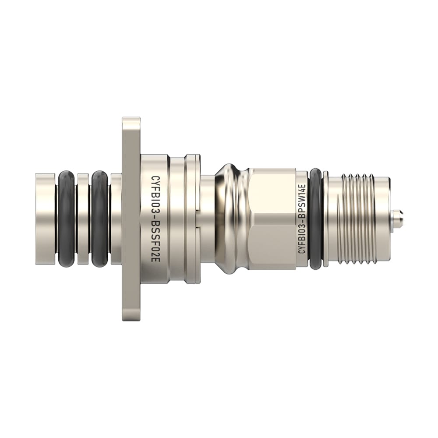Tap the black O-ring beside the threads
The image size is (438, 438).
click(x=315, y=219)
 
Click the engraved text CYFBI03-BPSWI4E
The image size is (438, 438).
click(x=301, y=219)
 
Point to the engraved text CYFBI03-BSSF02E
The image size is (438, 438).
click(x=154, y=219)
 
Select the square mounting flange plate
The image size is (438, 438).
click(x=131, y=219)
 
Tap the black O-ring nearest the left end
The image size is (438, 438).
click(x=66, y=219)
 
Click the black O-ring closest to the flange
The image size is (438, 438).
click(x=99, y=219)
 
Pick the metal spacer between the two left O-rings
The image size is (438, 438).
click(x=83, y=219)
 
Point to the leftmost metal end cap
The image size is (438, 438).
click(x=45, y=219)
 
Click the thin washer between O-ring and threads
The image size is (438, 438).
click(x=325, y=219)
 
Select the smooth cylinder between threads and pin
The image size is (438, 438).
click(x=383, y=219)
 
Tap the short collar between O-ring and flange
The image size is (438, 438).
click(x=116, y=219)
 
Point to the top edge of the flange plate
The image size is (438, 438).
click(x=131, y=119)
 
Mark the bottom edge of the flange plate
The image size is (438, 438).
click(x=131, y=319)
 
